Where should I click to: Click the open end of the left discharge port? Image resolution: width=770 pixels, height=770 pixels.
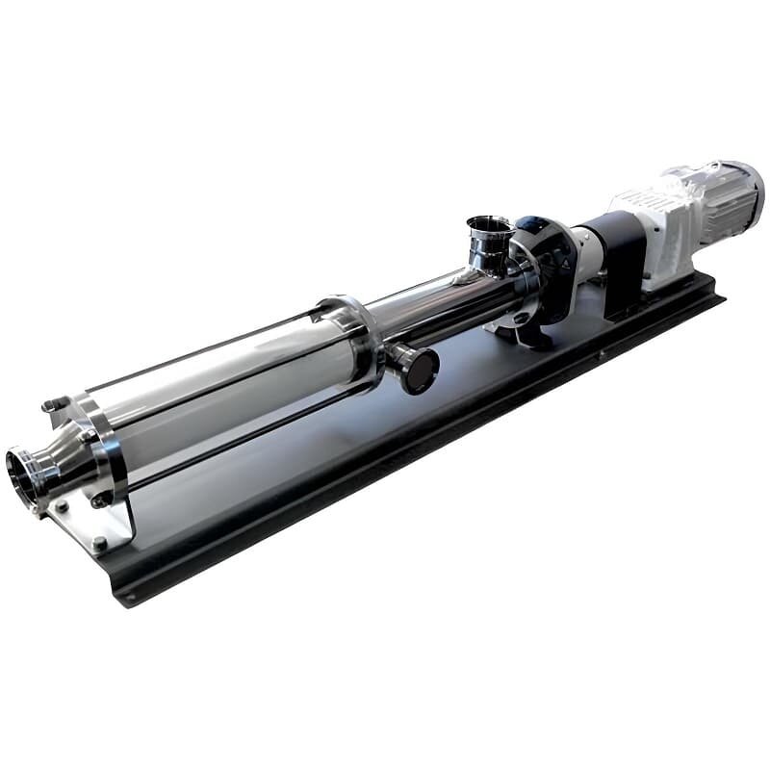(21, 472)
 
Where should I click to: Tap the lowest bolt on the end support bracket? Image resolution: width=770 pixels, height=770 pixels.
(99, 544)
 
